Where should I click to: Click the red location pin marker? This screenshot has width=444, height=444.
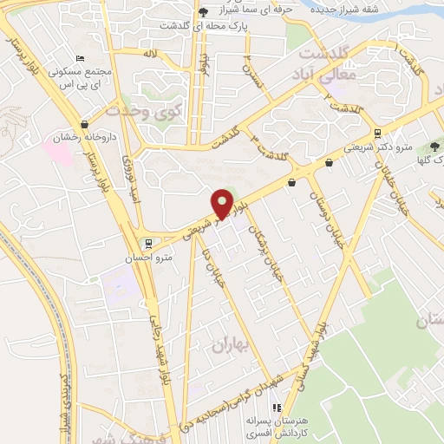click(x=222, y=204)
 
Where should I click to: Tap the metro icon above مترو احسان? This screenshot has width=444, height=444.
click(x=148, y=242)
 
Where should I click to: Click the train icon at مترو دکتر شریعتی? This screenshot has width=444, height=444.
click(x=377, y=133)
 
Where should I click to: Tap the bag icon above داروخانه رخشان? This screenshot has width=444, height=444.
click(x=83, y=124)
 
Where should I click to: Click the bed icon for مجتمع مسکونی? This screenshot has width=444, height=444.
click(x=81, y=57)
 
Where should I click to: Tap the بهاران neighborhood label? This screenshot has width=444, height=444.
click(x=230, y=345)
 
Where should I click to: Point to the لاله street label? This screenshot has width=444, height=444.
click(x=150, y=54)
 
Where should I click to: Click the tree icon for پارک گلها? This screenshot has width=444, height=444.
click(x=434, y=147)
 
